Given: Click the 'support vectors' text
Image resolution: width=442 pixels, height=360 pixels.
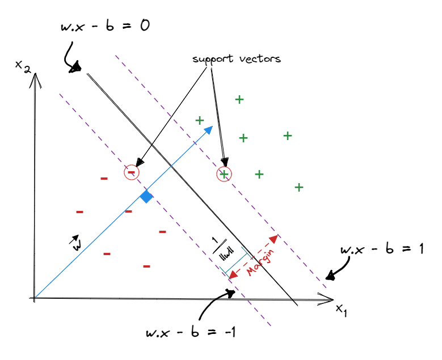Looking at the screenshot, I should tap(237, 59).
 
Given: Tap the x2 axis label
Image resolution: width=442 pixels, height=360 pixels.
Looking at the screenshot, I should tap(23, 66).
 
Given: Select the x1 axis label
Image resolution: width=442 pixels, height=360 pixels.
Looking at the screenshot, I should tap(340, 309).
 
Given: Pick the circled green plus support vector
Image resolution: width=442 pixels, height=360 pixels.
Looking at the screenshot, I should tap(224, 174).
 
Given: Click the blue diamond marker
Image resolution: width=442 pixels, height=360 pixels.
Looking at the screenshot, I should tap(146, 197).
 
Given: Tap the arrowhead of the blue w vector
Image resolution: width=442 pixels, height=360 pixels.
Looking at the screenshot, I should tap(209, 129).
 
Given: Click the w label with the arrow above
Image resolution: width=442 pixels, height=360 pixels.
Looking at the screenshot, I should tap(75, 242).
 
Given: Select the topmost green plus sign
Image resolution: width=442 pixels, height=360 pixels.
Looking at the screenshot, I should tap(239, 100).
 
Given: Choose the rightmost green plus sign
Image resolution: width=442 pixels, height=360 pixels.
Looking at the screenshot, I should tap(299, 187).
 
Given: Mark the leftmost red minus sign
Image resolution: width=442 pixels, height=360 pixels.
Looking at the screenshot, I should tap(79, 212).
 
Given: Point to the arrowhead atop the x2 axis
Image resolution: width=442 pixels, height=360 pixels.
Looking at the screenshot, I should tap(36, 76).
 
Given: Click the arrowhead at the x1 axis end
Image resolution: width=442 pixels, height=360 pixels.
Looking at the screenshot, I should tap(327, 299).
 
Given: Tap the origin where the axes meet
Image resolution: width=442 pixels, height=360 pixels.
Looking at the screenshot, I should tap(35, 298).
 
